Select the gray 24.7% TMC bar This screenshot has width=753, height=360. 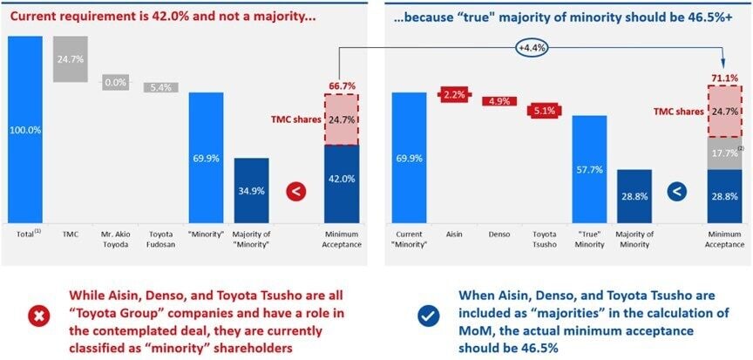[70, 59]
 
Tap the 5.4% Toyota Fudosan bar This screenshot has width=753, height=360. [161, 87]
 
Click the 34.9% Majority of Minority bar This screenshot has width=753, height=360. [252, 190]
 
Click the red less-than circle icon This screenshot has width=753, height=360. [296, 190]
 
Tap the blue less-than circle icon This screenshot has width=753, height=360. [675, 190]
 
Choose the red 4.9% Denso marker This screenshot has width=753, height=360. [499, 101]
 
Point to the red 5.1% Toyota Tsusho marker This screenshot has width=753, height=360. [545, 111]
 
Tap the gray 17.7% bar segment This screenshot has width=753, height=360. [724, 153]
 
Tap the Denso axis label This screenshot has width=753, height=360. [498, 235]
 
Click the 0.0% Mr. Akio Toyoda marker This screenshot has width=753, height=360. [116, 83]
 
